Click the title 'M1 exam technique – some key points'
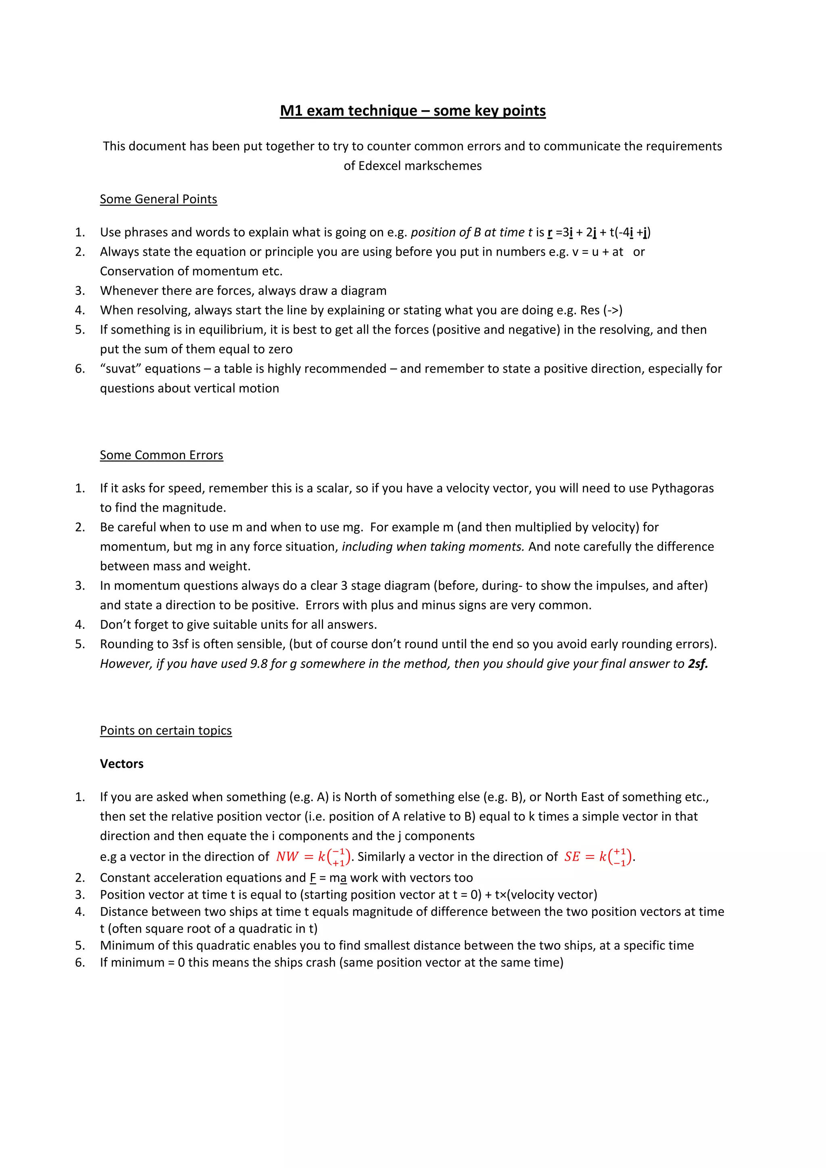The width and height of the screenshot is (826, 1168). click(413, 111)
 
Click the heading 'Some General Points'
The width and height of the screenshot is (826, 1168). click(158, 199)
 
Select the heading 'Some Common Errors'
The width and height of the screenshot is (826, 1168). click(161, 455)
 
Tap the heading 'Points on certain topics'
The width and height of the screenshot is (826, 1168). click(166, 730)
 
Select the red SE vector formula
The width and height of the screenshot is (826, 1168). click(598, 857)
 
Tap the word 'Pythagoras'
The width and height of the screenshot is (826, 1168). click(682, 488)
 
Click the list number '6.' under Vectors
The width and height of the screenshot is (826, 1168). click(80, 962)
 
